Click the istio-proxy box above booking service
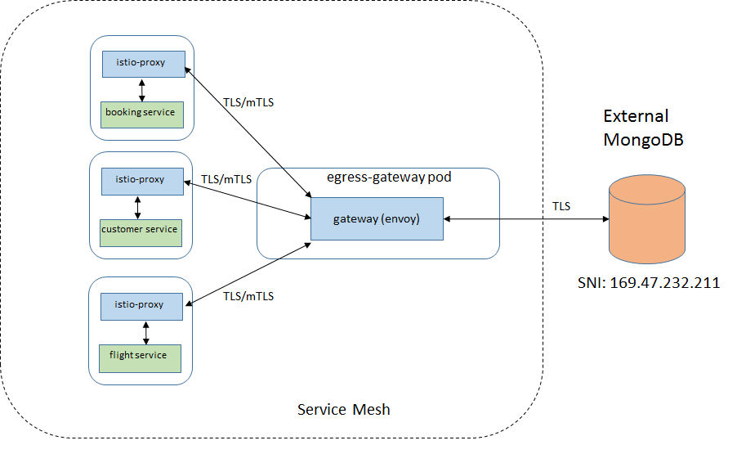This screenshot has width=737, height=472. tap(143, 63)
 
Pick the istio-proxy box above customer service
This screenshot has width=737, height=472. tap(143, 180)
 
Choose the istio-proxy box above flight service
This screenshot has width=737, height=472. tap(143, 305)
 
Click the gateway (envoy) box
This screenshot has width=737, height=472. tap(377, 219)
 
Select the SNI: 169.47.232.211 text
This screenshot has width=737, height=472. tap(647, 283)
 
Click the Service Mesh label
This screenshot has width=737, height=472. tap(343, 409)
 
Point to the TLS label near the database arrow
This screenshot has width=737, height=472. tap(561, 207)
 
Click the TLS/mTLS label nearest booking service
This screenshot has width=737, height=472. tap(248, 103)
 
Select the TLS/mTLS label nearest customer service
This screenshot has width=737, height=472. tap(226, 178)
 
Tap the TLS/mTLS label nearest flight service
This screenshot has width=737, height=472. tap(248, 296)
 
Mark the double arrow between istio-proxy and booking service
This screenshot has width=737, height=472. tap(143, 89)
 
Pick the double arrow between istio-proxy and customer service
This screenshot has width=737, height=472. tap(137, 206)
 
